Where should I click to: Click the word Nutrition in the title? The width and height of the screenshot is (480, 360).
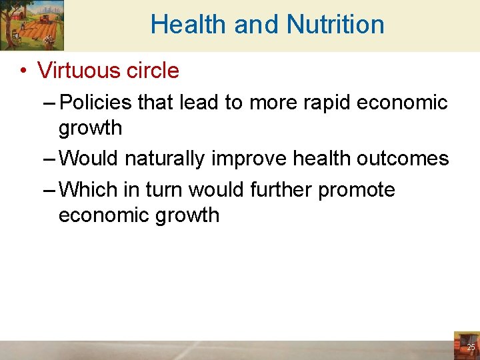(x=335, y=25)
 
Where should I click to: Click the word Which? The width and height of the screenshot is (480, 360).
(x=89, y=190)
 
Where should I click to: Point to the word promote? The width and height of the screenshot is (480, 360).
(x=356, y=190)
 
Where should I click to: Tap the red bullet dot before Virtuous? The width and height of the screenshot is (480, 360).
(x=23, y=71)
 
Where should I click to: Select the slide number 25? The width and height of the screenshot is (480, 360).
(x=471, y=347)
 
